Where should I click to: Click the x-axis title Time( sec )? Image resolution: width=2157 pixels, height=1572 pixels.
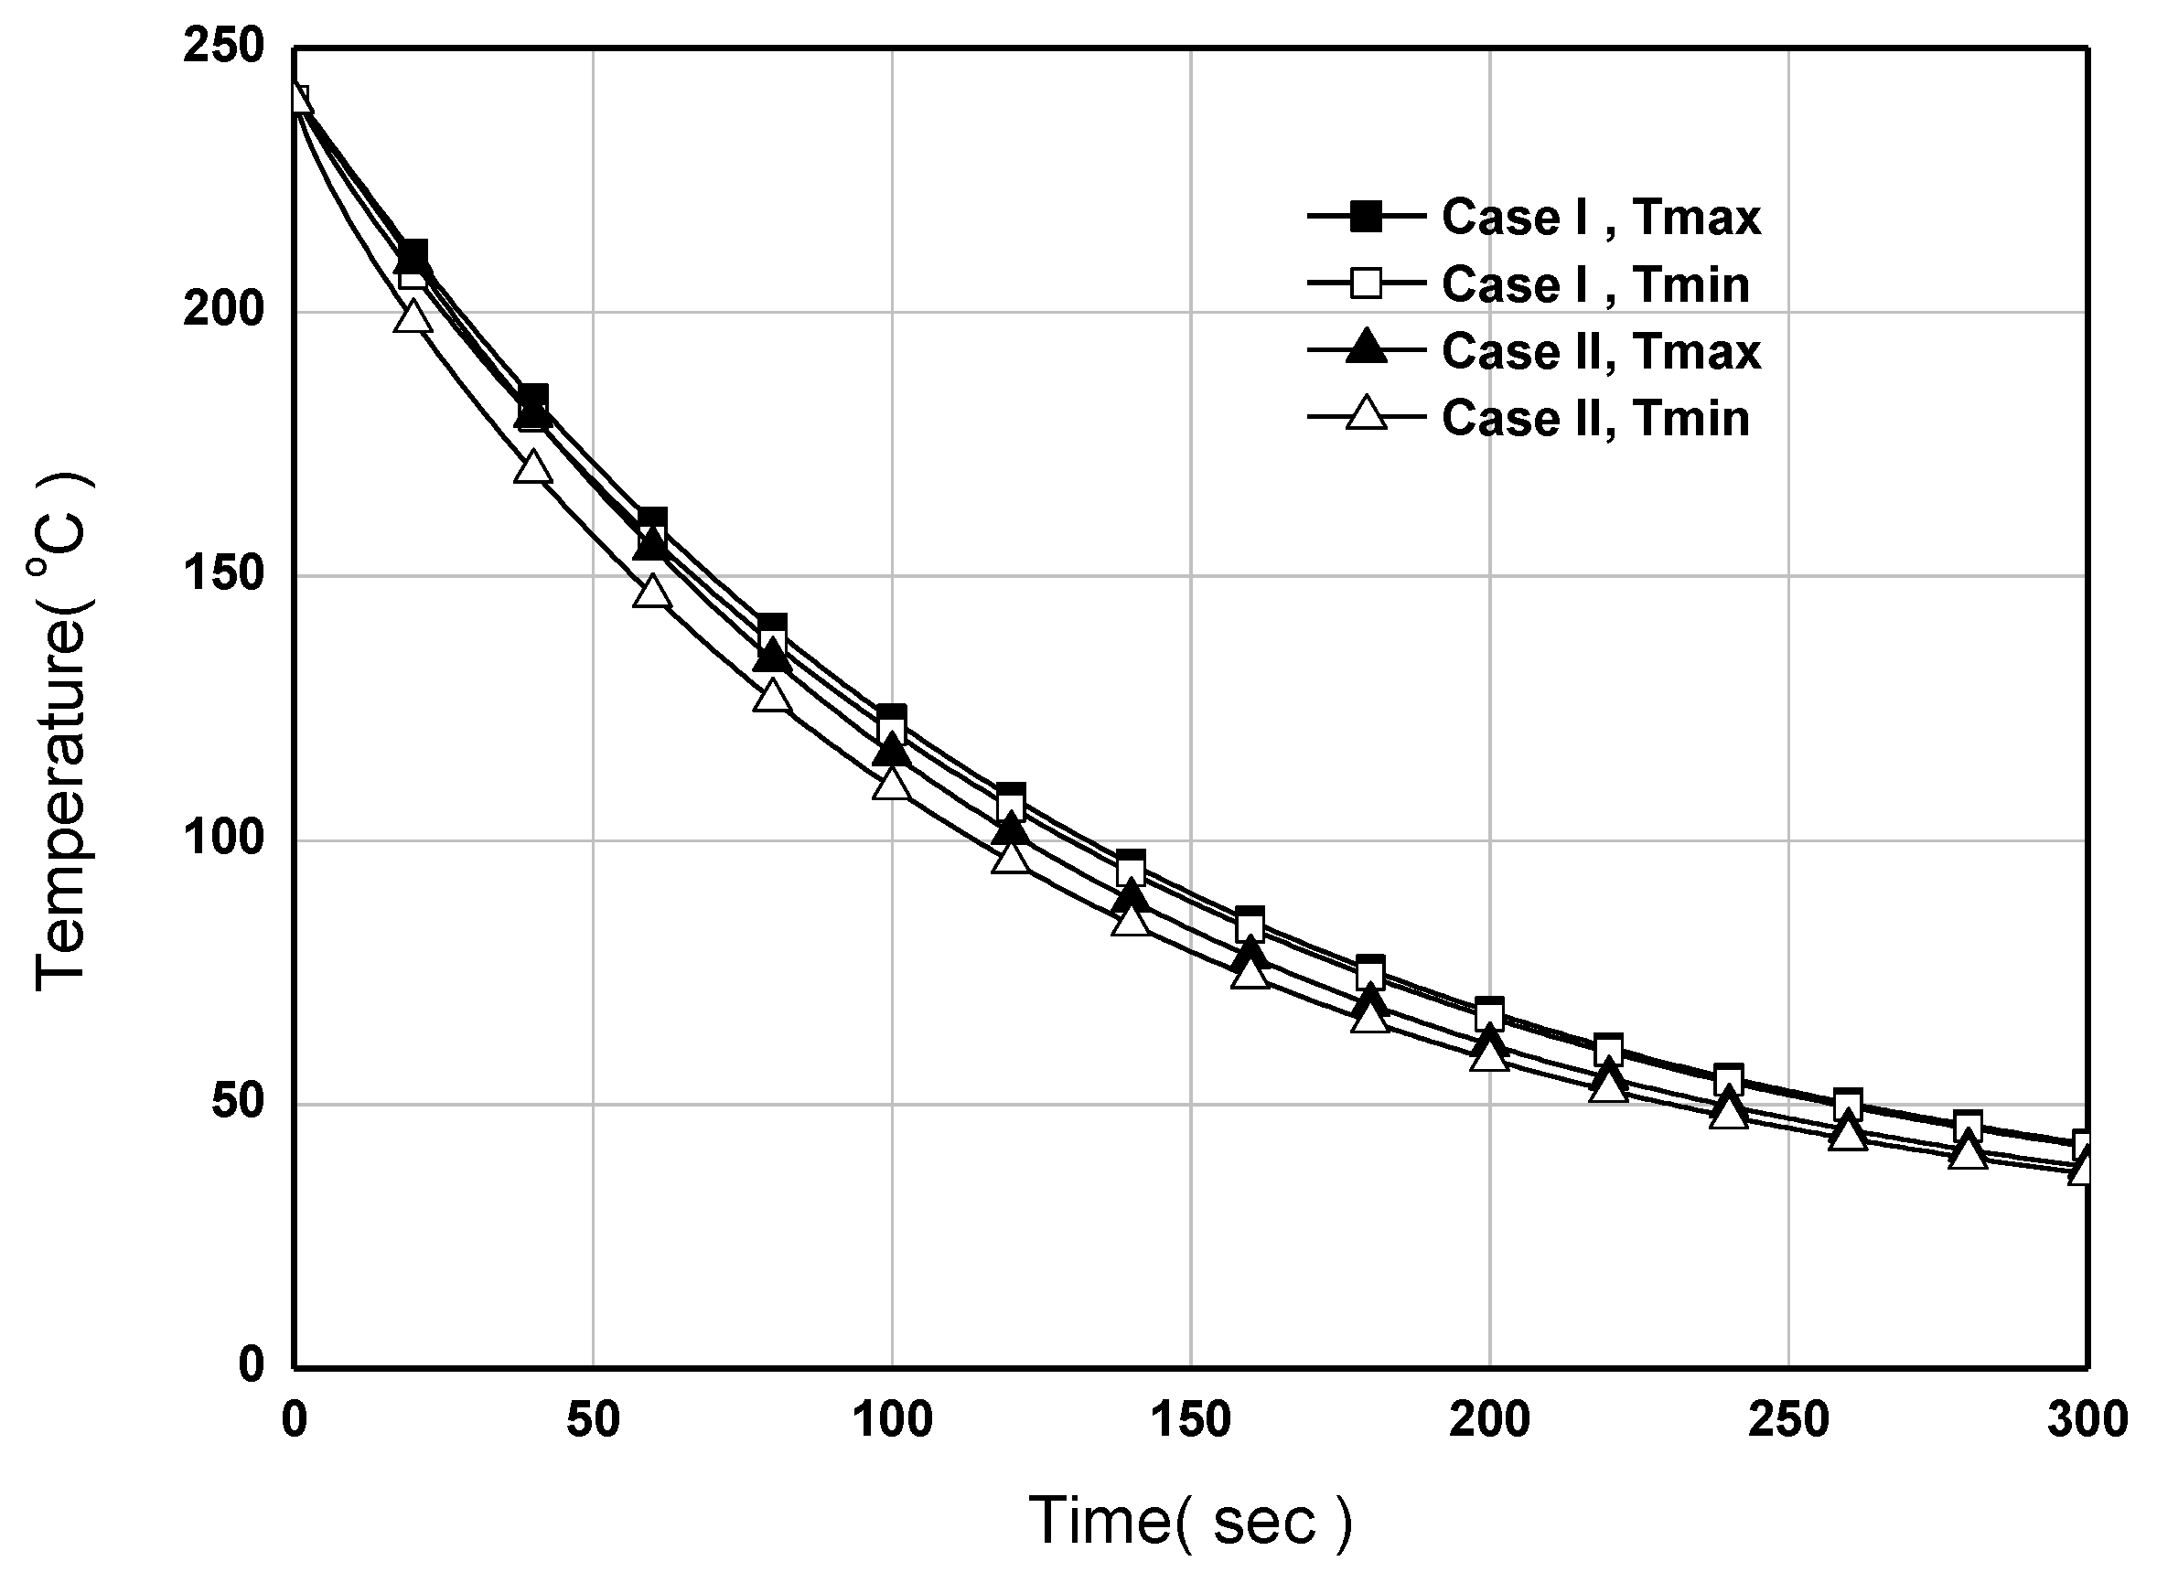(1190, 1521)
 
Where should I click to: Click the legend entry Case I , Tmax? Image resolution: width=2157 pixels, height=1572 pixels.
(1601, 217)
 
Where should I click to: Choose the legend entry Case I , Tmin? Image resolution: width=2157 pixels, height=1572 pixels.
(1595, 284)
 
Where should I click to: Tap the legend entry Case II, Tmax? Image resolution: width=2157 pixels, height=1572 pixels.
(1601, 351)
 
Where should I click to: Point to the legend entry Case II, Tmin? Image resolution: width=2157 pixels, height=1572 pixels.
(1595, 419)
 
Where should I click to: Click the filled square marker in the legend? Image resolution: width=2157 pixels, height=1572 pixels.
(1366, 217)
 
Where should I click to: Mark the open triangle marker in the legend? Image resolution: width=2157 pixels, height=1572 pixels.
(1366, 415)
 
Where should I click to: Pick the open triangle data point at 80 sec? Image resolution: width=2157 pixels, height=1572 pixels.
(772, 697)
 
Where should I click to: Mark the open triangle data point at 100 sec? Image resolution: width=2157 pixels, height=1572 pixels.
(892, 784)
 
